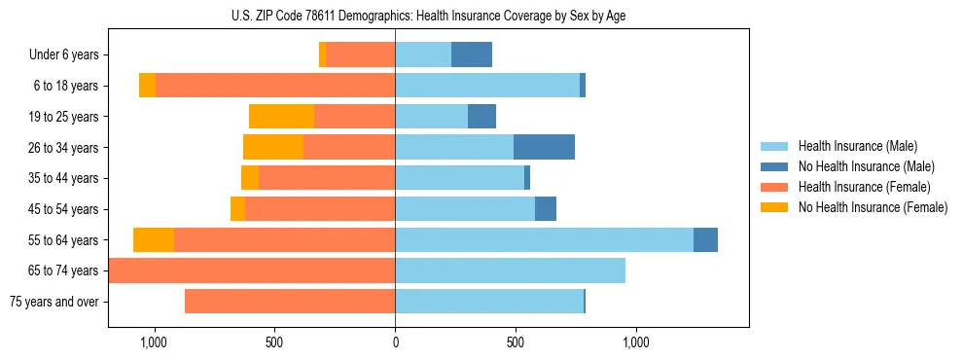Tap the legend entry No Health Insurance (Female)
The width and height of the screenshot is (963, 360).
873,207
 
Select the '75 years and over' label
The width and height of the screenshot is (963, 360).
54,302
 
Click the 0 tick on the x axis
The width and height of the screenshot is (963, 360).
395,342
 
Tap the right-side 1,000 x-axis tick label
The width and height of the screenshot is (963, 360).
636,342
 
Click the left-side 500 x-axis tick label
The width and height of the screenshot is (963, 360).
274,342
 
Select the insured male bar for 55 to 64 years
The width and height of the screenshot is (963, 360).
544,240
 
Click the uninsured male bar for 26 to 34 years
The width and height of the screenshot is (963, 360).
544,148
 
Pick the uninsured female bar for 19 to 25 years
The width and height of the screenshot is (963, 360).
281,117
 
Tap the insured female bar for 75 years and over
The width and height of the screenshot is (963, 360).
290,302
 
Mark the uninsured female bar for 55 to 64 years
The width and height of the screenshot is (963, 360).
154,240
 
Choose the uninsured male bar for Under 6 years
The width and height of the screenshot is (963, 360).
472,55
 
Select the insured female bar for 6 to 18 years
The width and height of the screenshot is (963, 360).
275,86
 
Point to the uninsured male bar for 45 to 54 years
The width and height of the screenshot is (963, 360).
546,209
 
